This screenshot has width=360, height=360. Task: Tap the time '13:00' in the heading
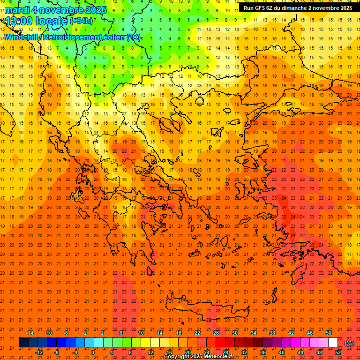[x=20, y=21]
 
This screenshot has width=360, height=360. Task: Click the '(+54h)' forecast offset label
[x=81, y=21]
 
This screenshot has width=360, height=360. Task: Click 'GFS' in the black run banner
[x=261, y=8]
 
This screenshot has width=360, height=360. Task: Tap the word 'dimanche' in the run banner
[x=293, y=8]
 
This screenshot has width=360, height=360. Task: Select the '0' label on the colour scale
[x=92, y=352]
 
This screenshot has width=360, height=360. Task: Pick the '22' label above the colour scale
[x=197, y=333]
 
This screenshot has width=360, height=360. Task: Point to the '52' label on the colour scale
[x=338, y=352]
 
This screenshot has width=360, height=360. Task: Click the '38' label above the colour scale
[x=272, y=333]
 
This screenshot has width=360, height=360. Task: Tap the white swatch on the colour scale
[x=333, y=343]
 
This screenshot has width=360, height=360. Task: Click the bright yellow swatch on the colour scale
[x=145, y=343]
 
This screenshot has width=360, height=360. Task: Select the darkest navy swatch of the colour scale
[x=23, y=343]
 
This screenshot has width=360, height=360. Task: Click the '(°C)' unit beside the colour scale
[x=349, y=343]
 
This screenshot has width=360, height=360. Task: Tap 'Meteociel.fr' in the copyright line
[x=218, y=357]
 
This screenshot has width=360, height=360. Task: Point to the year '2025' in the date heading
[x=93, y=10]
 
